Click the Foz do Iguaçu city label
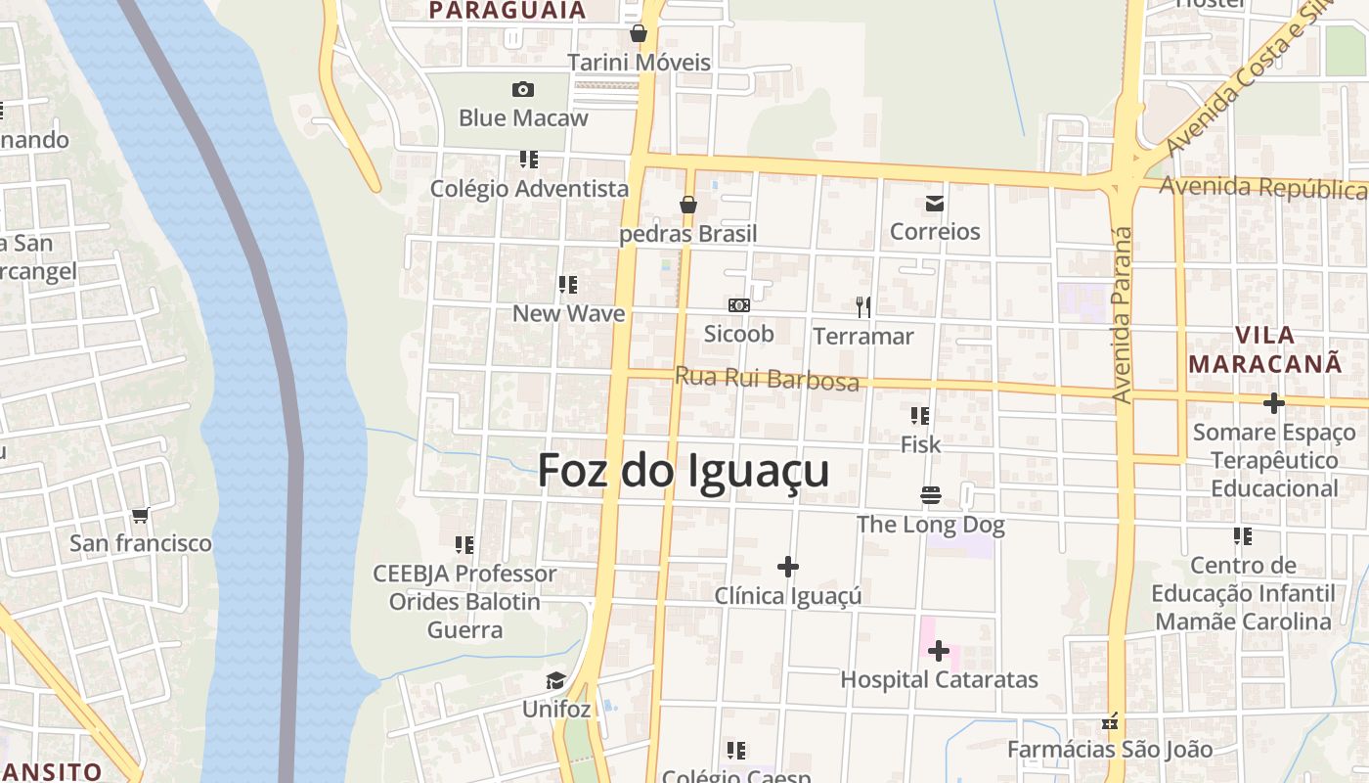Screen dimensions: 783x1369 [684, 471]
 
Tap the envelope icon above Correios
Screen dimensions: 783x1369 [934, 204]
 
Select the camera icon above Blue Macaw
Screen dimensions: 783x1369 [523, 90]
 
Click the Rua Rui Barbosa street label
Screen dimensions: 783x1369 [767, 379]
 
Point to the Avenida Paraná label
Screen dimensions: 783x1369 [1123, 315]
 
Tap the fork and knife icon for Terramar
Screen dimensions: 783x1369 [863, 307]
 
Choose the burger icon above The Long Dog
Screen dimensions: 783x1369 [930, 495]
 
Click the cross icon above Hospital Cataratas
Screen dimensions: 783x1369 [939, 650]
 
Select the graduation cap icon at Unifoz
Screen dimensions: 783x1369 [555, 680]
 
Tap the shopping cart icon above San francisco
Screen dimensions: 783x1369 [140, 515]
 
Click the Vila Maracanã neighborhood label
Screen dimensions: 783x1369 [1265, 349]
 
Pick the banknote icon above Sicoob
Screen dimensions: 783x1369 [739, 305]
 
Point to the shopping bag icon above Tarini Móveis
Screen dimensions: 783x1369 [639, 34]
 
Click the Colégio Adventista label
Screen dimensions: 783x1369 [529, 188]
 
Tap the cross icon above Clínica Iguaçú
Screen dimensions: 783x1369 [787, 567]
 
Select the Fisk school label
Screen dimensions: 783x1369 [920, 444]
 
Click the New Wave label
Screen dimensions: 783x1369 [568, 313]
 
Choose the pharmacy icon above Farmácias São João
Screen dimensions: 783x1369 [1110, 722]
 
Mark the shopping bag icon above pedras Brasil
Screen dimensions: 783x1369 [688, 206]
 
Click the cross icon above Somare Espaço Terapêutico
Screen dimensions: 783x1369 [1273, 403]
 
